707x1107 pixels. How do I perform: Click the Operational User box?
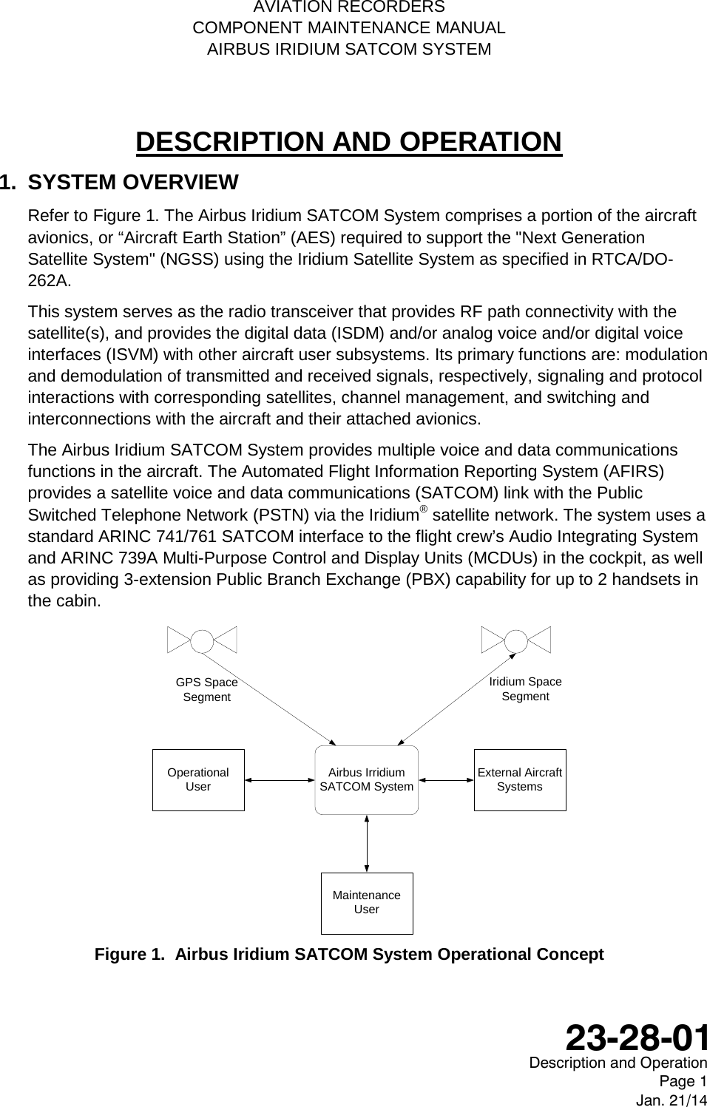[198, 779]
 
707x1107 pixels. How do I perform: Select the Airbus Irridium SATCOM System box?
[366, 779]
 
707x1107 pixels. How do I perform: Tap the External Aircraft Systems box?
[519, 779]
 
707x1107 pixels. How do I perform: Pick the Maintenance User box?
[366, 902]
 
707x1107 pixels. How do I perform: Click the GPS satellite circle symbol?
[202, 640]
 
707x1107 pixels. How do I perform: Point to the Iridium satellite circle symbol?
[515, 640]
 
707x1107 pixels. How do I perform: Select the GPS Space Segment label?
[206, 689]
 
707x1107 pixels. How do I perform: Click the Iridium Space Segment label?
[525, 688]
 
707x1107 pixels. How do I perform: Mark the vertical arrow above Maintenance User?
[367, 843]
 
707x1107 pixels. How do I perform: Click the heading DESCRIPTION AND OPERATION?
[349, 141]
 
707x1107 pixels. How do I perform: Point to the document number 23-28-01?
[636, 1037]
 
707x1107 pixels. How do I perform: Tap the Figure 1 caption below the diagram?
[349, 954]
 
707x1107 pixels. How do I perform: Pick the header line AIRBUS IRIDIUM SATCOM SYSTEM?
[349, 50]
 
